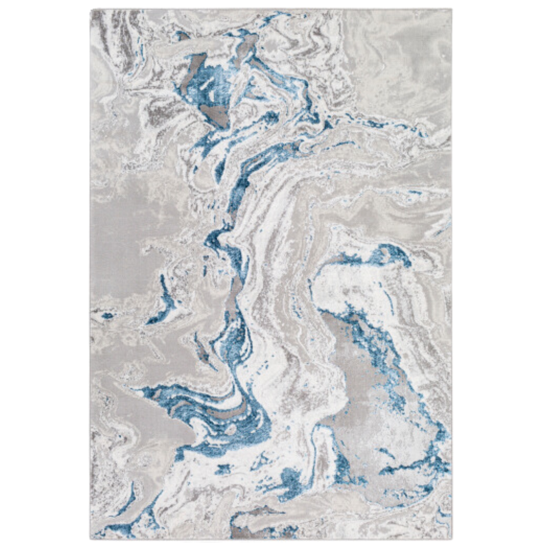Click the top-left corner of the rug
click(x=91, y=10)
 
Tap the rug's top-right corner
click(x=451, y=10)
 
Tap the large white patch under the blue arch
click(x=342, y=284)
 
